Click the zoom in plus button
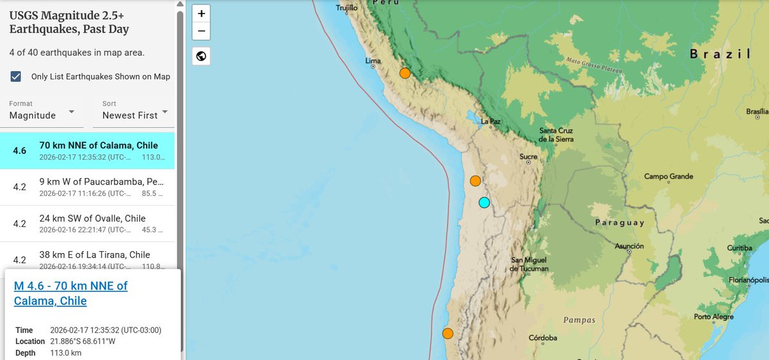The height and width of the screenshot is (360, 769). pyautogui.click(x=201, y=13)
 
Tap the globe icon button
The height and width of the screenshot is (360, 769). pyautogui.click(x=201, y=56)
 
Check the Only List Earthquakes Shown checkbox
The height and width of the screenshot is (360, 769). pyautogui.click(x=16, y=77)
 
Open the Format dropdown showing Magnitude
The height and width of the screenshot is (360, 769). pyautogui.click(x=42, y=110)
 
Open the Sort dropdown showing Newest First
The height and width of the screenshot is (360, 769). pyautogui.click(x=135, y=110)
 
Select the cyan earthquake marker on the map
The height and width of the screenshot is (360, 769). pyautogui.click(x=484, y=202)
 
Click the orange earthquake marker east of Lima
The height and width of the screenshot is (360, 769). pyautogui.click(x=405, y=73)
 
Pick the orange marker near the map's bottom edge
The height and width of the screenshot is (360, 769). pyautogui.click(x=448, y=333)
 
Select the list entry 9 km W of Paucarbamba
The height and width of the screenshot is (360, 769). pyautogui.click(x=92, y=188)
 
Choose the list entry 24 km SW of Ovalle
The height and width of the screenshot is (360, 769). pyautogui.click(x=92, y=224)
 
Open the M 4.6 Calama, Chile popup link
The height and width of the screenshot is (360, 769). pyautogui.click(x=70, y=293)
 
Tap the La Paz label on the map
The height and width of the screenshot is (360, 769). pyautogui.click(x=490, y=121)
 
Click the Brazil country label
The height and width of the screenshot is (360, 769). pyautogui.click(x=720, y=54)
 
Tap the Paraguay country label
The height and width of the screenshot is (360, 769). pyautogui.click(x=619, y=223)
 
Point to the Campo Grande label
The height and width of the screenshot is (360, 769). pyautogui.click(x=668, y=176)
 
